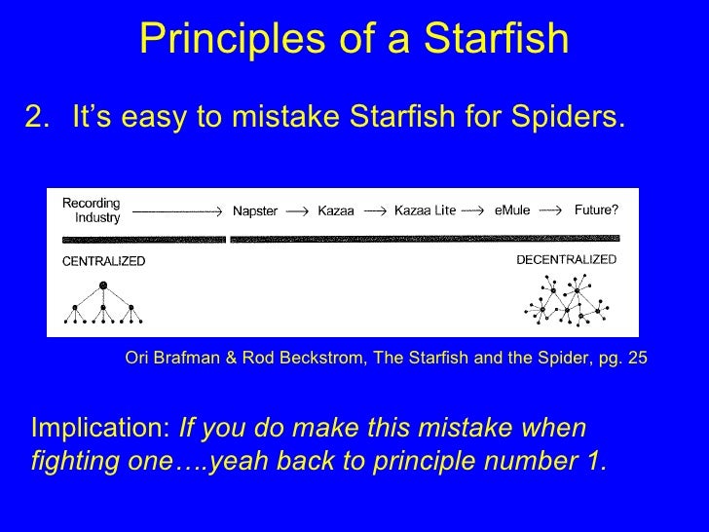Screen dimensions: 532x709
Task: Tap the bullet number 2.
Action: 42,118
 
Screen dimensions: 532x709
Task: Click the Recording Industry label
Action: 93,210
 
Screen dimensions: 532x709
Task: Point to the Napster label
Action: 258,211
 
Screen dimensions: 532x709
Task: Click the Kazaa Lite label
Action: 425,211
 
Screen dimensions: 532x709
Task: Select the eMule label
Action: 511,211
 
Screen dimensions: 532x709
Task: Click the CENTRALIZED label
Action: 104,262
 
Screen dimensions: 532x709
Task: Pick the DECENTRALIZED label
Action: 566,260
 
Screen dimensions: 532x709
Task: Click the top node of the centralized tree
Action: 102,285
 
